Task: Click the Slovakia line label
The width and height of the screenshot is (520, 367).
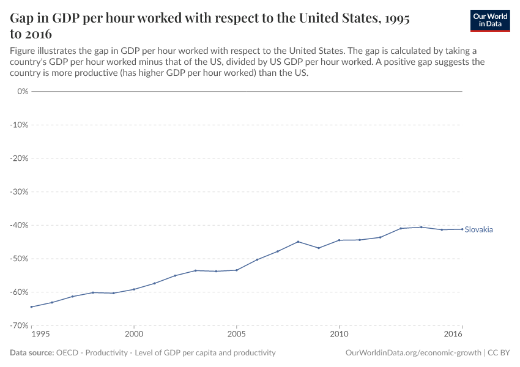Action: [x=478, y=229]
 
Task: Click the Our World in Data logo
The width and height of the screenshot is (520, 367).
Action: [x=489, y=20]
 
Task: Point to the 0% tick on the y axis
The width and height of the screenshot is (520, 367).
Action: [x=23, y=91]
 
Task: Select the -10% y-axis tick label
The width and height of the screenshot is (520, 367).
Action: [x=21, y=125]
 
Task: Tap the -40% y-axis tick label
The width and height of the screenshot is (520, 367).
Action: [x=21, y=225]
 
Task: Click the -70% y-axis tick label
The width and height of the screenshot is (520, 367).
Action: [x=21, y=325]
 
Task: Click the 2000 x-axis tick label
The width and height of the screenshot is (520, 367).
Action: [x=134, y=335]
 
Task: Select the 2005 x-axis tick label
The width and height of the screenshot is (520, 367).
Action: [x=237, y=335]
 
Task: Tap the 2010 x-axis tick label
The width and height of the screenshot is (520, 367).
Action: [x=339, y=335]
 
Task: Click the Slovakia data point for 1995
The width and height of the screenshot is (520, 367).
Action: [x=31, y=307]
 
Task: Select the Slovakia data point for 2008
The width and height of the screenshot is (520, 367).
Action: [x=298, y=242]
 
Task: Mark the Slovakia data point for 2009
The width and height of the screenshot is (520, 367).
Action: [x=319, y=248]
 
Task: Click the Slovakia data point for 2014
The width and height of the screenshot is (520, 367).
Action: [x=421, y=227]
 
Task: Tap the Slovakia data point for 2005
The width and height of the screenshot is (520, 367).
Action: [x=237, y=270]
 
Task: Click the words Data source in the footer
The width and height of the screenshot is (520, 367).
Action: [x=32, y=353]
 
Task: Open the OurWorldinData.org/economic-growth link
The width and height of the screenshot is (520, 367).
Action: [x=414, y=353]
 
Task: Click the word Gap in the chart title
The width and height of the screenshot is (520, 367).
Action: [x=23, y=19]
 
